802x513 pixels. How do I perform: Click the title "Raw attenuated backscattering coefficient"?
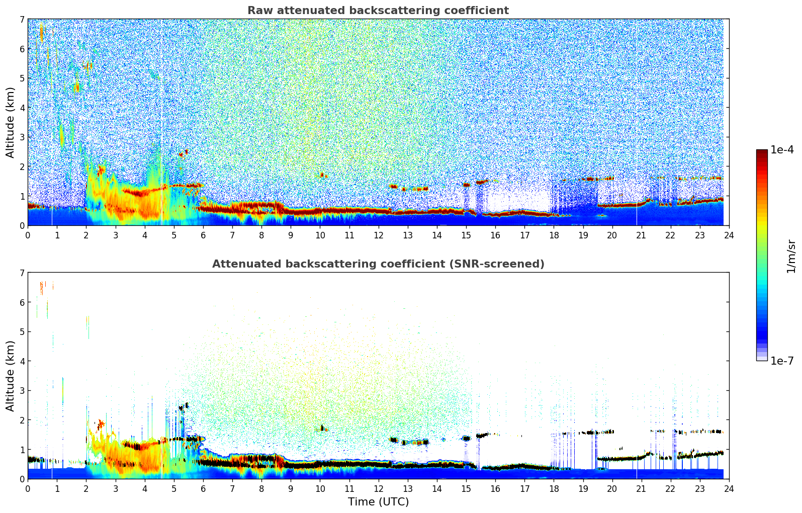[x=378, y=11]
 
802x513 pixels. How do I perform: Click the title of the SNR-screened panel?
[x=378, y=264]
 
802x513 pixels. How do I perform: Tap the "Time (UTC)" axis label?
[x=378, y=502]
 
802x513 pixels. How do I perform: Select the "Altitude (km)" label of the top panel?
[x=11, y=122]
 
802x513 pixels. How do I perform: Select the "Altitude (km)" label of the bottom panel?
[x=11, y=376]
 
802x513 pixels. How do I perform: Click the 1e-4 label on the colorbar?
[x=782, y=150]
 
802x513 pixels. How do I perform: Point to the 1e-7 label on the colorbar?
[x=782, y=361]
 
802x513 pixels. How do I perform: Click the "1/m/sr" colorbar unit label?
[x=791, y=255]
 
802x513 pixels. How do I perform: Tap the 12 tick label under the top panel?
[x=378, y=235]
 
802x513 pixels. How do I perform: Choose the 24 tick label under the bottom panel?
[x=729, y=488]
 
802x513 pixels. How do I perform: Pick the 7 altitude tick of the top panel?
[x=22, y=20]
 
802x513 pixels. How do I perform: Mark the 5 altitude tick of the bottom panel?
[x=22, y=332]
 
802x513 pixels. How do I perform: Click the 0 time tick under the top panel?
[x=28, y=235]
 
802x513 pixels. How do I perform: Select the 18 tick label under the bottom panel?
[x=554, y=488]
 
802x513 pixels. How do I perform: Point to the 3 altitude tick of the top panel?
[x=22, y=137]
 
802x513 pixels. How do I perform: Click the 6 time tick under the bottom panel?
[x=203, y=488]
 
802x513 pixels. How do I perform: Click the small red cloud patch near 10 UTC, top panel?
[x=322, y=175]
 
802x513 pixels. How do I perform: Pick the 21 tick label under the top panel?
[x=641, y=235]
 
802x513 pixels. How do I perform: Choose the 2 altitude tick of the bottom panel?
[x=22, y=420]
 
